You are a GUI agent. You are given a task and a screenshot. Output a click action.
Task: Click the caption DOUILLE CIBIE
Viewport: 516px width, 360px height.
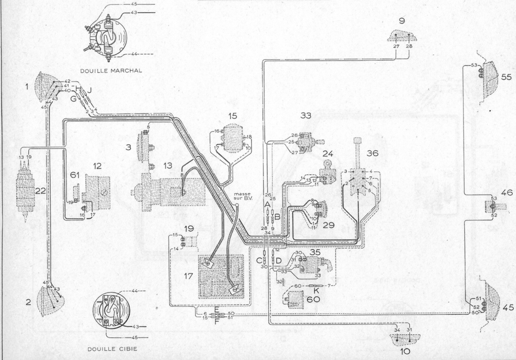(112, 348)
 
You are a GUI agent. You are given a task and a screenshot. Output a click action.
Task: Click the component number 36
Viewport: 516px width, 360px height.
(372, 153)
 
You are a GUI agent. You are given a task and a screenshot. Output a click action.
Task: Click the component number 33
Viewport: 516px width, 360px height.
(307, 115)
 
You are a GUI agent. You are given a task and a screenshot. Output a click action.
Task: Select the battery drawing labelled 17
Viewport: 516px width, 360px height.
(220, 277)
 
